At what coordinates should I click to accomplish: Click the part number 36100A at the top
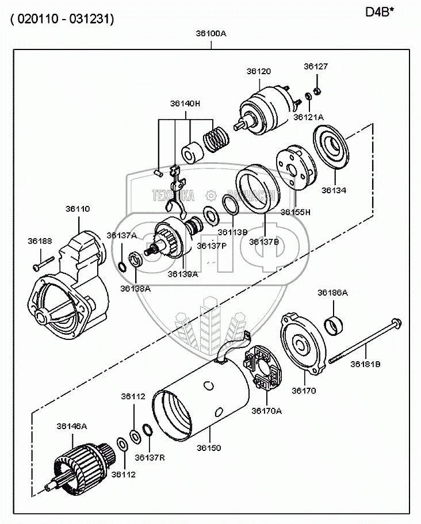point(211,33)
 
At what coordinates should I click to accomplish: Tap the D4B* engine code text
point(381,12)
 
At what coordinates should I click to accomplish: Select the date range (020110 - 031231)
point(61,19)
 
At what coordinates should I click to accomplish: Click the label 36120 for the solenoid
point(258,71)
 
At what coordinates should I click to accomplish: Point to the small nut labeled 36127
point(316,92)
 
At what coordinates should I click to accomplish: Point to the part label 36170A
point(266,411)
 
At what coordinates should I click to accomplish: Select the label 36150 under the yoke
point(209,447)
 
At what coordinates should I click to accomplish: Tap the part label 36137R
point(150,457)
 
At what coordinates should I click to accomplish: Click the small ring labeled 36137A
point(123,266)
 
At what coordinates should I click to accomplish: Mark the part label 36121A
point(308,117)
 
